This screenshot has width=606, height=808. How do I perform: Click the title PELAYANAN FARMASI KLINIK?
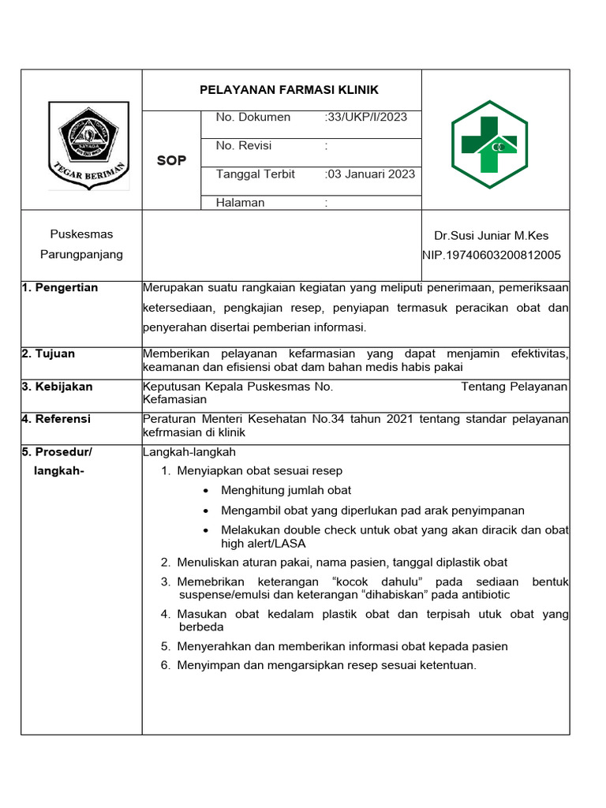point(289,90)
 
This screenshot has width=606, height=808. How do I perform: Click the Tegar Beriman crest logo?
point(88,146)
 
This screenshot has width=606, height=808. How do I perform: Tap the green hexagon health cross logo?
point(489,144)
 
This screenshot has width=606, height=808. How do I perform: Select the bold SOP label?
point(171,160)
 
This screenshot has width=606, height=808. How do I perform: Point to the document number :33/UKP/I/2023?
point(366,118)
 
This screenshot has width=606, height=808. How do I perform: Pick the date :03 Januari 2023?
point(369,174)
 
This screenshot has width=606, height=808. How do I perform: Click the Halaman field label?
point(241,203)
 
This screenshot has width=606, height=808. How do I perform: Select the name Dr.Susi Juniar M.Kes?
point(491,235)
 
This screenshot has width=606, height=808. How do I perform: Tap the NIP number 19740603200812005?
point(492,255)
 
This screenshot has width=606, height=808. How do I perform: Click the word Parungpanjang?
point(81,254)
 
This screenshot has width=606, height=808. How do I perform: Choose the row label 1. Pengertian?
point(60,288)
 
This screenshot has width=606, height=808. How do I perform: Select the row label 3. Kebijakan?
point(57,387)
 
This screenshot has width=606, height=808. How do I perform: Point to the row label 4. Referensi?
point(56,419)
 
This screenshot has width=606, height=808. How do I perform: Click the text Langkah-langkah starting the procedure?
point(189,452)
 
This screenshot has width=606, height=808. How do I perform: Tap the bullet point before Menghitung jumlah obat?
point(206,491)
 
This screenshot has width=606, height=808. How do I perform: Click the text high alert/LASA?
point(263,544)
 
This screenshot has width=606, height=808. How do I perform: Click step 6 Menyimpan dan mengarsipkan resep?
point(327,665)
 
